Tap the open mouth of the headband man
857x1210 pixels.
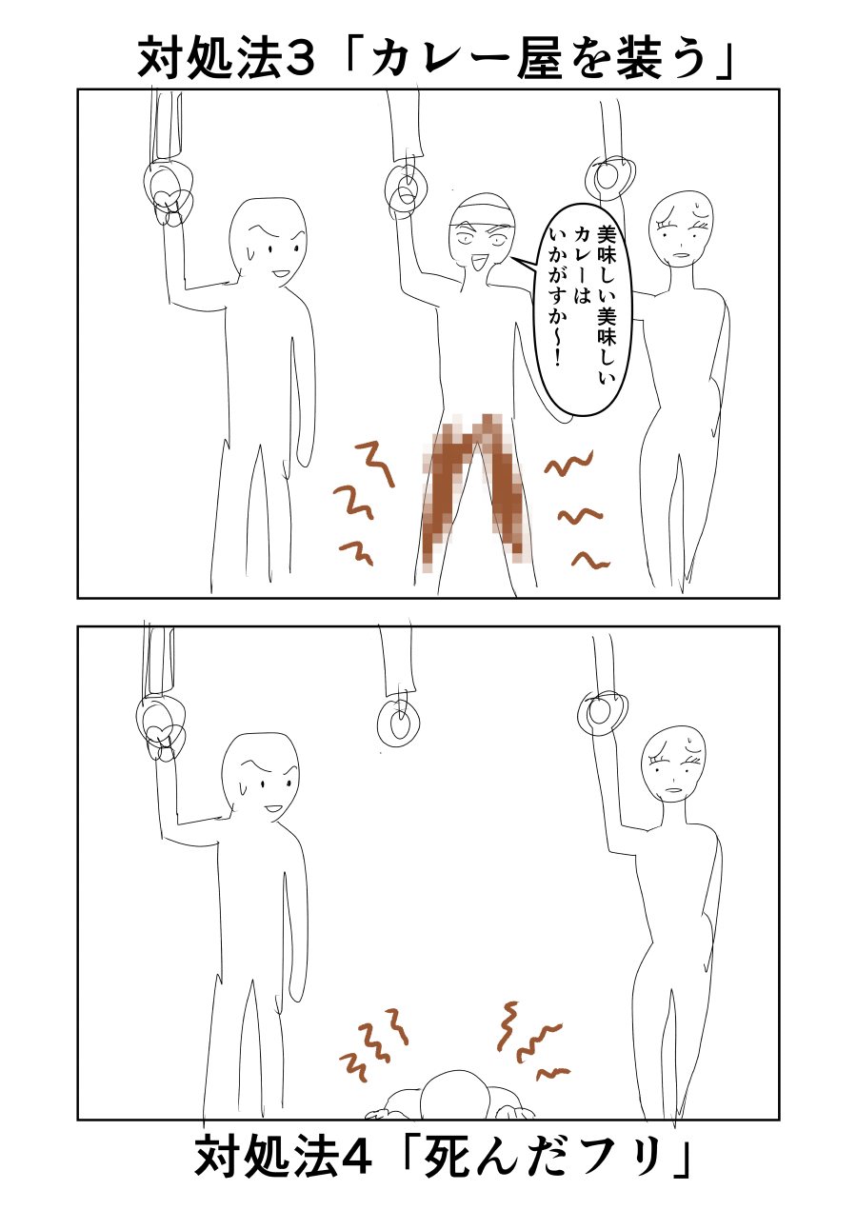click(x=479, y=263)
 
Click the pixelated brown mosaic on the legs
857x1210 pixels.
click(x=474, y=490)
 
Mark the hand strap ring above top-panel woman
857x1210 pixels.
click(x=609, y=177)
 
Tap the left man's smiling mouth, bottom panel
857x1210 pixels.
click(x=273, y=809)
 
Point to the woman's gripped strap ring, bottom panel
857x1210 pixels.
click(x=602, y=711)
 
